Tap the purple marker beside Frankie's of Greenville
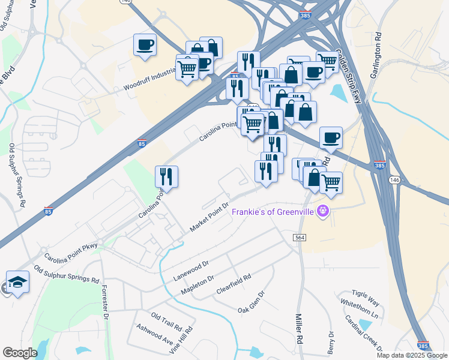pyautogui.click(x=324, y=211)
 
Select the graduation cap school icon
pyautogui.click(x=17, y=282)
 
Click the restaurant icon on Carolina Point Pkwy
pyautogui.click(x=166, y=176)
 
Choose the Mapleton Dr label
pyautogui.click(x=197, y=285)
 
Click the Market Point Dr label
pyautogui.click(x=210, y=217)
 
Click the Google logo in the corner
pyautogui.click(x=20, y=353)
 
